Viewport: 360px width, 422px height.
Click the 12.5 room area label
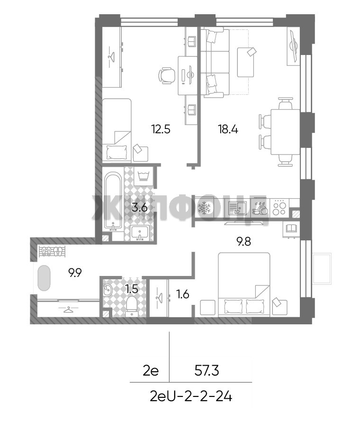pyautogui.click(x=161, y=129)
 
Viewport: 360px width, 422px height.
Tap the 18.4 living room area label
pyautogui.click(x=228, y=129)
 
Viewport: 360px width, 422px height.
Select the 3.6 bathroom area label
pyautogui.click(x=140, y=207)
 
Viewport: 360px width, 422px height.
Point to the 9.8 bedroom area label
pyautogui.click(x=243, y=241)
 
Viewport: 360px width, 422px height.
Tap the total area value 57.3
pyautogui.click(x=207, y=371)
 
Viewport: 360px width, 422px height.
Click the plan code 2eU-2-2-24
pyautogui.click(x=191, y=396)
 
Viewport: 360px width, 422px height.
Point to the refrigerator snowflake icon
pyautogui.click(x=204, y=208)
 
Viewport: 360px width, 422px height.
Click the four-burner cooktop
pyautogui.click(x=279, y=207)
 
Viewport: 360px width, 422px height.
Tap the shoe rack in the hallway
pyautogui.click(x=52, y=251)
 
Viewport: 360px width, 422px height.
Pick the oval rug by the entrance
pyautogui.click(x=44, y=278)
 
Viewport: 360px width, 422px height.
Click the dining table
pyautogui.click(x=285, y=132)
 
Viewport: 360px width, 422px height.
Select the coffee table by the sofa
pyautogui.click(x=245, y=62)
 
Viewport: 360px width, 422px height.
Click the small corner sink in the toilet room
pyautogui.click(x=108, y=290)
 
